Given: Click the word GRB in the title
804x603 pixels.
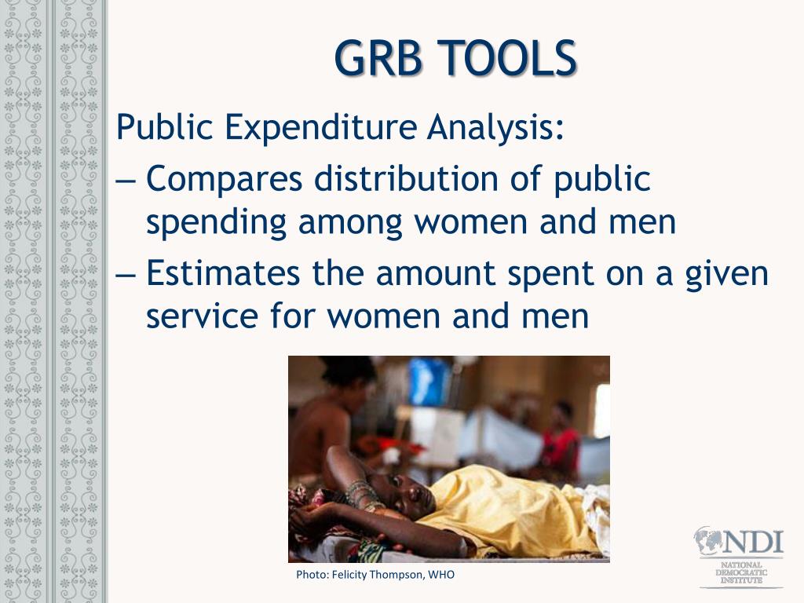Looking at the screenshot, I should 378,58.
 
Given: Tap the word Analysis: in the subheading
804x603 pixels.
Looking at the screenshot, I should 495,126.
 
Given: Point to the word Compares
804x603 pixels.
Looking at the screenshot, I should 224,180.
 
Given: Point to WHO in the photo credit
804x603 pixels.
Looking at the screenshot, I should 441,575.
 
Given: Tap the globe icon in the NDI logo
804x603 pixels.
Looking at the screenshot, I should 708,541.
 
